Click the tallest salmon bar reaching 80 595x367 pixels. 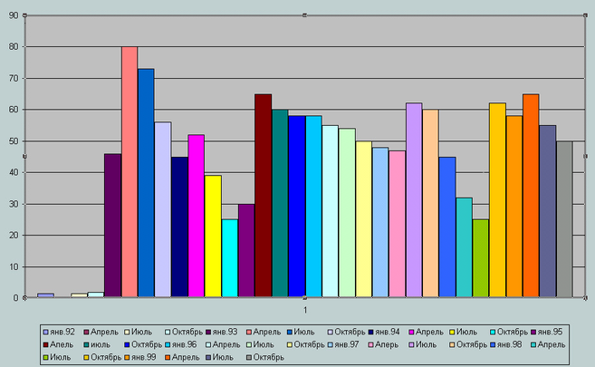[130, 172]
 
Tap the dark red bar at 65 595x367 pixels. [263, 196]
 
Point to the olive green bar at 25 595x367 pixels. [480, 258]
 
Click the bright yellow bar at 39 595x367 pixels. [213, 237]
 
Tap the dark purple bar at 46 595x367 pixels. [112, 226]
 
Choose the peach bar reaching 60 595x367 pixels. [430, 204]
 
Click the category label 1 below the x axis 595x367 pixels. [305, 311]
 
